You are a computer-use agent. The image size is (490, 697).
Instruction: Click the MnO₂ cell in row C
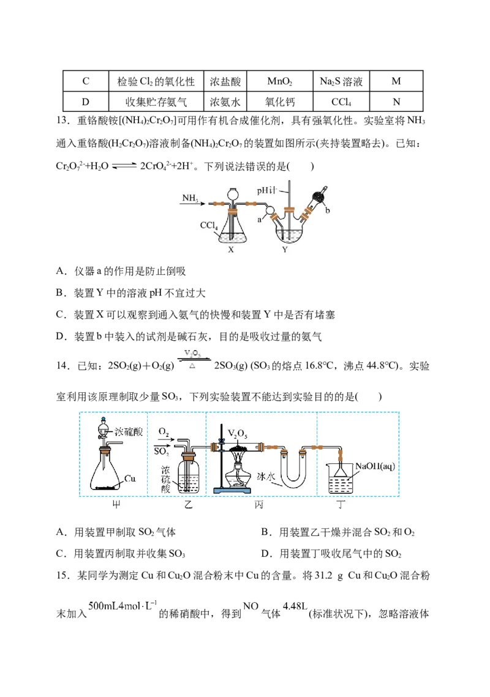click(x=280, y=81)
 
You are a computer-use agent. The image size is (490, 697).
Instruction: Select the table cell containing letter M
click(x=396, y=81)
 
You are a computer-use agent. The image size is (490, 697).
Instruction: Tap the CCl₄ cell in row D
click(x=341, y=102)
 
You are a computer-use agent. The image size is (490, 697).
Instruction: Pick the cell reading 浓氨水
click(x=225, y=102)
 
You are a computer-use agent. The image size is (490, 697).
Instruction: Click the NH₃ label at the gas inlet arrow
click(x=190, y=198)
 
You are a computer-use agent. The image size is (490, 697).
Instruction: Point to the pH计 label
click(x=266, y=191)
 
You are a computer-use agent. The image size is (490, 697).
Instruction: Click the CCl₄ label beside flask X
click(x=208, y=226)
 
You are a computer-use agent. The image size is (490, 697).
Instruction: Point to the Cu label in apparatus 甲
click(x=129, y=479)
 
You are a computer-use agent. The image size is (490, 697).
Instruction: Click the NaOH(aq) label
click(x=375, y=466)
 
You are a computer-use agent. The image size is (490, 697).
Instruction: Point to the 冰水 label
click(x=266, y=477)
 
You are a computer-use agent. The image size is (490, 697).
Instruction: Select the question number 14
click(x=62, y=366)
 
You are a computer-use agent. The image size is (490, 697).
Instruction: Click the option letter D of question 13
click(x=61, y=337)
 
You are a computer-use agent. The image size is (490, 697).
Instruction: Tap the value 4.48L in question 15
click(x=295, y=606)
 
